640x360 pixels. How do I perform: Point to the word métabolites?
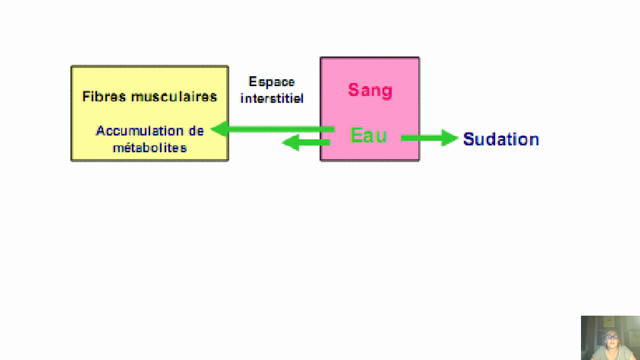[x=149, y=148]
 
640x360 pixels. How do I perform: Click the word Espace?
[x=272, y=83]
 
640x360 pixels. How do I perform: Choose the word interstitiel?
[x=272, y=99]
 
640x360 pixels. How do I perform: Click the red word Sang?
[x=370, y=90]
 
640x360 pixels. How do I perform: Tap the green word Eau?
[x=368, y=135]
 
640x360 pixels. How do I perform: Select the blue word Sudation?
[x=500, y=139]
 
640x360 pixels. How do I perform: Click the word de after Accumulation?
[x=196, y=131]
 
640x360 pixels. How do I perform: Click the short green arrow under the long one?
[x=306, y=143]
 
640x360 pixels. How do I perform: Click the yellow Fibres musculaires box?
[x=149, y=113]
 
